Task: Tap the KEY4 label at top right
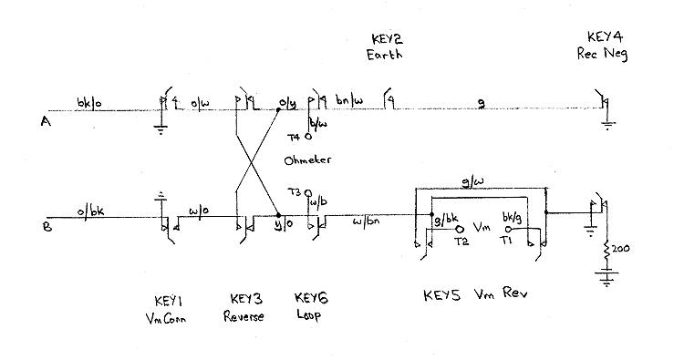point(605,38)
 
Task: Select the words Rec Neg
point(604,53)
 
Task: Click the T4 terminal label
point(294,138)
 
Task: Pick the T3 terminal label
point(294,192)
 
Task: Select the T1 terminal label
point(507,243)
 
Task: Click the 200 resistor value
point(622,247)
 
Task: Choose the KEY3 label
point(247,300)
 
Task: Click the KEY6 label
point(312,300)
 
